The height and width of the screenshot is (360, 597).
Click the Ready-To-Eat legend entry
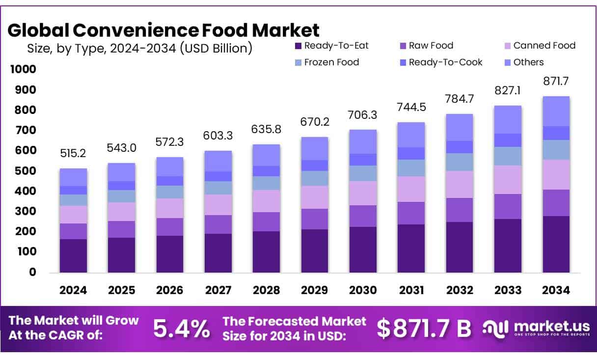(331, 46)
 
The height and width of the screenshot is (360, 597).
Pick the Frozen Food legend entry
(326, 62)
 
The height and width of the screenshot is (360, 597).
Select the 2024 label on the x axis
(73, 290)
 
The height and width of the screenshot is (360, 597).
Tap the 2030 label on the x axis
(363, 290)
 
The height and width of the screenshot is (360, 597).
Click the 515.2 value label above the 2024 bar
(73, 154)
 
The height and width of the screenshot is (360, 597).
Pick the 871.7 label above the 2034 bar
(556, 82)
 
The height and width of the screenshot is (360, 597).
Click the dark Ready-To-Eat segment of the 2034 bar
(556, 244)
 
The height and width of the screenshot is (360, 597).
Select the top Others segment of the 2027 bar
(218, 161)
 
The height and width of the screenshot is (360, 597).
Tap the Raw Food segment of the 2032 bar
(460, 210)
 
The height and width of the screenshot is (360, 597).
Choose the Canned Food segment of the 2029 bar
(315, 197)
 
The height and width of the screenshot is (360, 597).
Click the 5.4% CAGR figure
(181, 329)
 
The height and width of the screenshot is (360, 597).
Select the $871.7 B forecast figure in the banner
(424, 329)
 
